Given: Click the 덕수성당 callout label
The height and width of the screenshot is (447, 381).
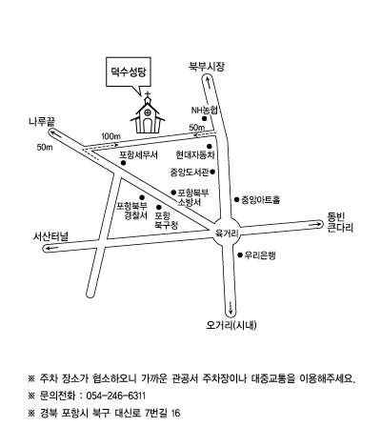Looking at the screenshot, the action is [x=129, y=71].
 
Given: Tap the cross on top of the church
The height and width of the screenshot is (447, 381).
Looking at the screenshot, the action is [x=148, y=94].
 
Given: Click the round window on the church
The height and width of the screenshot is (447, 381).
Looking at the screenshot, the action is [x=148, y=112].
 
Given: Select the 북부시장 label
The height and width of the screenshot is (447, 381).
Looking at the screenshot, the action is [x=207, y=67].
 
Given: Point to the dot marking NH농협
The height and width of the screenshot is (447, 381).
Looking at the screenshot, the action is [x=205, y=118].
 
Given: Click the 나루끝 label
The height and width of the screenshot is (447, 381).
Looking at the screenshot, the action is [x=42, y=122].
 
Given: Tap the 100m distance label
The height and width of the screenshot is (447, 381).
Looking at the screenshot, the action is [x=111, y=136].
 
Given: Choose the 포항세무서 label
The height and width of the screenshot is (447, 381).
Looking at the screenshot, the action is [x=138, y=155].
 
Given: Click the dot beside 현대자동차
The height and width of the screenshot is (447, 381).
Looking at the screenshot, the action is [x=210, y=146].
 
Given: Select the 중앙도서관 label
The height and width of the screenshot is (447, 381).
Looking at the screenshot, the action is [x=190, y=173].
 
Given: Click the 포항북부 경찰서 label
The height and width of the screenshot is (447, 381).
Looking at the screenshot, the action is [x=132, y=211].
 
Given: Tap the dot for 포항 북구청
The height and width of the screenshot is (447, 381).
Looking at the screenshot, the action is [x=159, y=207].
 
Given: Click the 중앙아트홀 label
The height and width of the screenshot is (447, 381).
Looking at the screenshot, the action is [x=261, y=200].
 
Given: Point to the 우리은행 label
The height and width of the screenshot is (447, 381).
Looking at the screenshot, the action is [x=260, y=255].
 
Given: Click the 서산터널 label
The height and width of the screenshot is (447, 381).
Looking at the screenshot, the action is [x=50, y=236].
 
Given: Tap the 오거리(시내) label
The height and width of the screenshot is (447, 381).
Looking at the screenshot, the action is [x=231, y=325].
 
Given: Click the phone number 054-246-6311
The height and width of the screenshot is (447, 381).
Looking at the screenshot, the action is [x=116, y=396].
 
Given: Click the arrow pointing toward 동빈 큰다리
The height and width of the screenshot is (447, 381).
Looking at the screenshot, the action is [x=317, y=224].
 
